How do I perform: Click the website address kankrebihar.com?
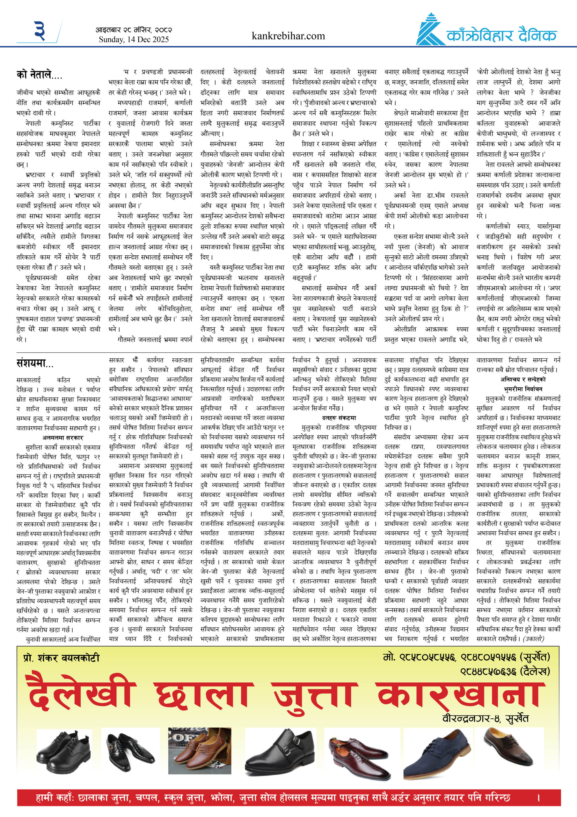point(288,36)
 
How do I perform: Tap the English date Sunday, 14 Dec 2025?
point(134,40)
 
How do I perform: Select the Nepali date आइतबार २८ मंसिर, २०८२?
point(134,30)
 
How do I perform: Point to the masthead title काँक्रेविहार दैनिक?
point(501,35)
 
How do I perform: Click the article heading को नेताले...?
point(39,75)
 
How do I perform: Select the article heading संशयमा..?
point(35,363)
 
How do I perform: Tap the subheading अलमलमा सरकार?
point(62,438)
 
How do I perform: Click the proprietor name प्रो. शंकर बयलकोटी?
point(61,658)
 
